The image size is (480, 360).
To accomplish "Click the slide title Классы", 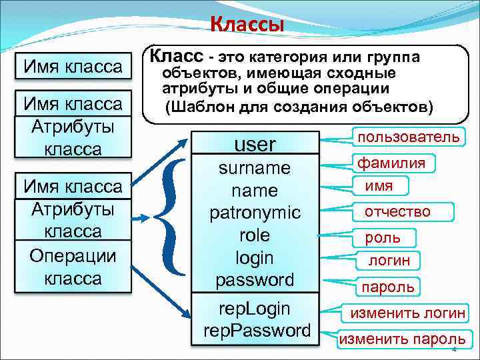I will pyautogui.click(x=247, y=25).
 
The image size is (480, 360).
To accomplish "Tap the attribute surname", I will pyautogui.click(x=255, y=168).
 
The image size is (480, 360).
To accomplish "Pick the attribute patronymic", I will pyautogui.click(x=255, y=213).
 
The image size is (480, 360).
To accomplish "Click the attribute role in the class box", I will pyautogui.click(x=254, y=235).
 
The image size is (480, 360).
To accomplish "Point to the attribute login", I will pyautogui.click(x=255, y=257).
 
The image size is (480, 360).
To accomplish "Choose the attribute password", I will pyautogui.click(x=255, y=279).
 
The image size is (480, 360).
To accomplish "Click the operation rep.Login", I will pyautogui.click(x=254, y=308).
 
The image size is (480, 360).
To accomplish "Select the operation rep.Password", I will pyautogui.click(x=257, y=330).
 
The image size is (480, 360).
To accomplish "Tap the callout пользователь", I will pyautogui.click(x=409, y=137).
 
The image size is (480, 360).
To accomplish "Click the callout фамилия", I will pyautogui.click(x=391, y=163).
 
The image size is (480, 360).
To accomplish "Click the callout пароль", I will pyautogui.click(x=387, y=287).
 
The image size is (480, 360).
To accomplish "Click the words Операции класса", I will pyautogui.click(x=73, y=267).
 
